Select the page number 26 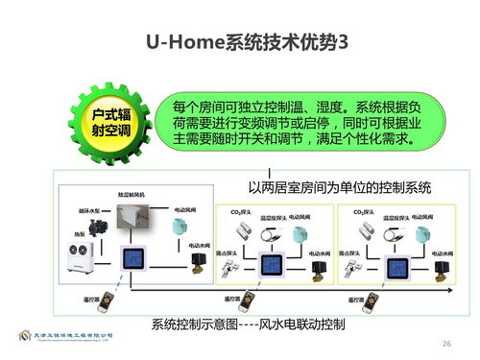(x=445, y=343)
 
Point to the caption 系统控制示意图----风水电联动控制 (x=249, y=324)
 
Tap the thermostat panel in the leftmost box (x=133, y=259)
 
